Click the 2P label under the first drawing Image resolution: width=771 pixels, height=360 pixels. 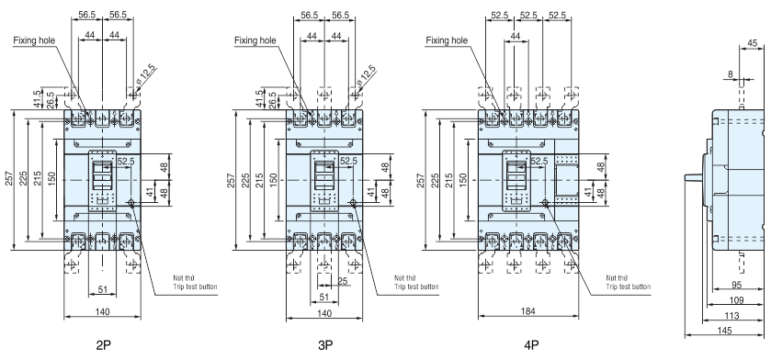point(103,345)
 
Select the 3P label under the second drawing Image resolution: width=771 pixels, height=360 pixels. point(325,345)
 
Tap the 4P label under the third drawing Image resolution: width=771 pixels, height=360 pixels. point(531,345)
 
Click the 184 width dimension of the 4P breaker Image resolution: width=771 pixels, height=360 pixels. point(528,311)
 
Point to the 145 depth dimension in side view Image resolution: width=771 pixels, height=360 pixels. point(724,331)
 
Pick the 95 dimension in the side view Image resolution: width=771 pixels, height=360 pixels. point(736,285)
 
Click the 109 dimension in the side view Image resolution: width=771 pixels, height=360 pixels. point(736,300)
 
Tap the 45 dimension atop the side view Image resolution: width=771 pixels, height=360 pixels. point(753,43)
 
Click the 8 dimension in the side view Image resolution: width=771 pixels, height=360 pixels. point(731,74)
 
